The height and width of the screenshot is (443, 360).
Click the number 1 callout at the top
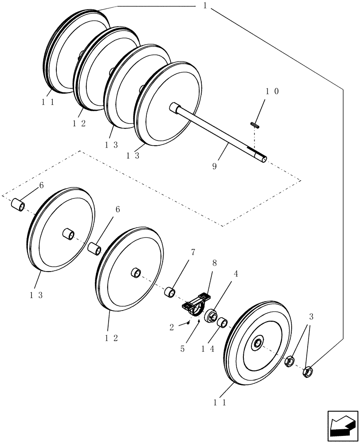click(205, 6)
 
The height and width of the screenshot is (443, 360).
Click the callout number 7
click(193, 253)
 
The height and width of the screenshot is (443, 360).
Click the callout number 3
click(312, 317)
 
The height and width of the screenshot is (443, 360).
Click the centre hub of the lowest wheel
click(257, 342)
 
